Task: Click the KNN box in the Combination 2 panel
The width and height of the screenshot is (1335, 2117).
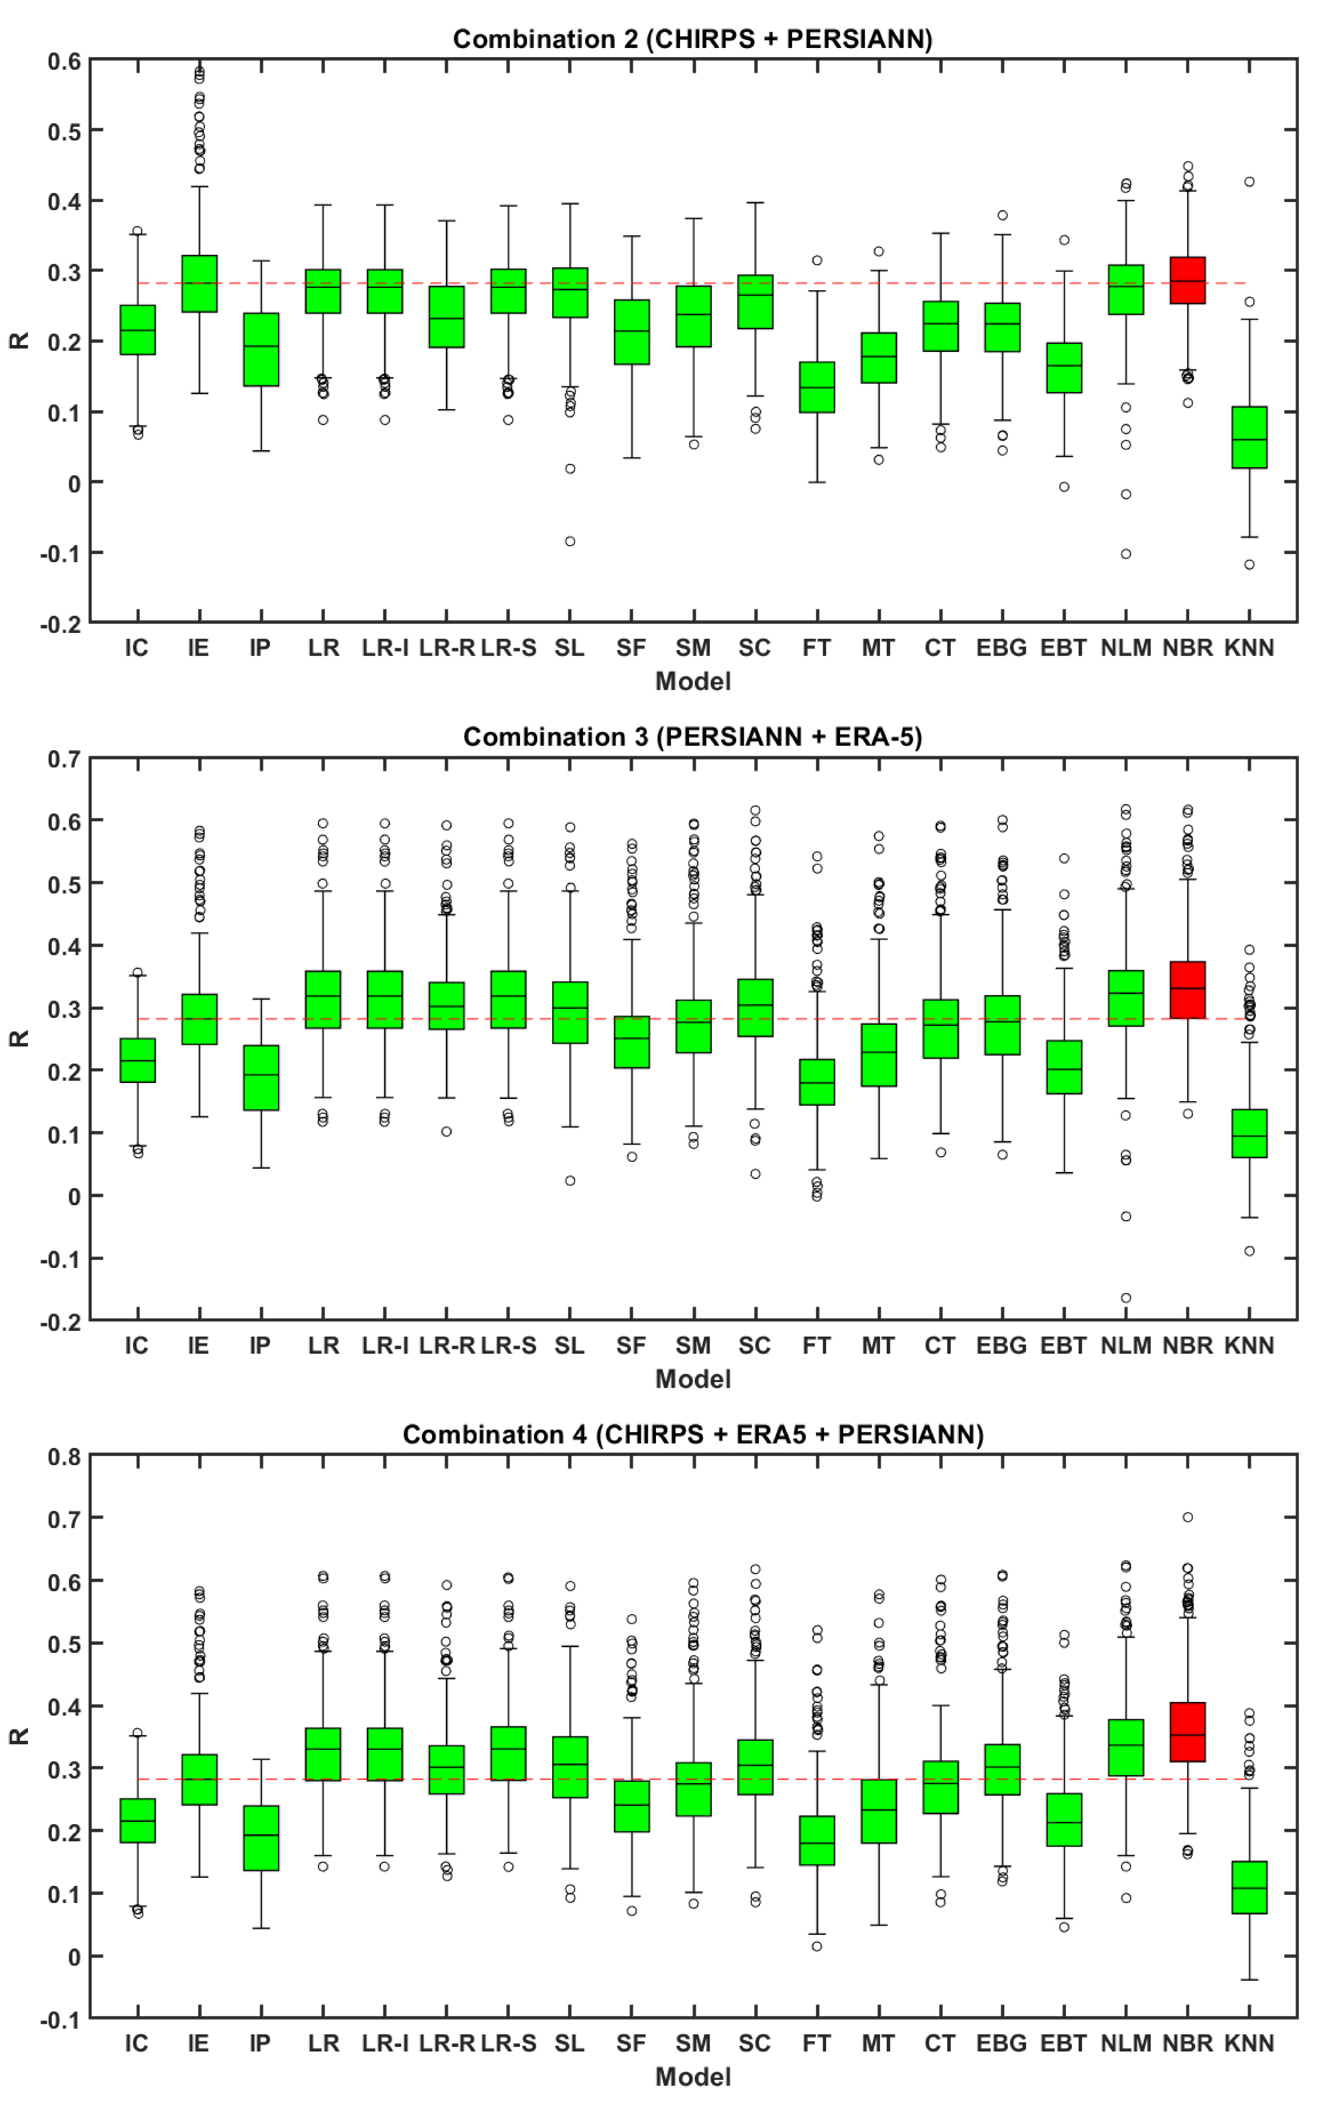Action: pos(1249,437)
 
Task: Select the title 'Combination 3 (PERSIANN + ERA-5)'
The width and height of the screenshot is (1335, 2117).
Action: pos(693,737)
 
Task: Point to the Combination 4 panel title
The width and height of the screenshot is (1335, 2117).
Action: pos(693,1435)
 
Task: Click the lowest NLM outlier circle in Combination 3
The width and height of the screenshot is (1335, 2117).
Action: pos(1126,1298)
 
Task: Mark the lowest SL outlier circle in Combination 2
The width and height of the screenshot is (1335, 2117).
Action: pos(570,542)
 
